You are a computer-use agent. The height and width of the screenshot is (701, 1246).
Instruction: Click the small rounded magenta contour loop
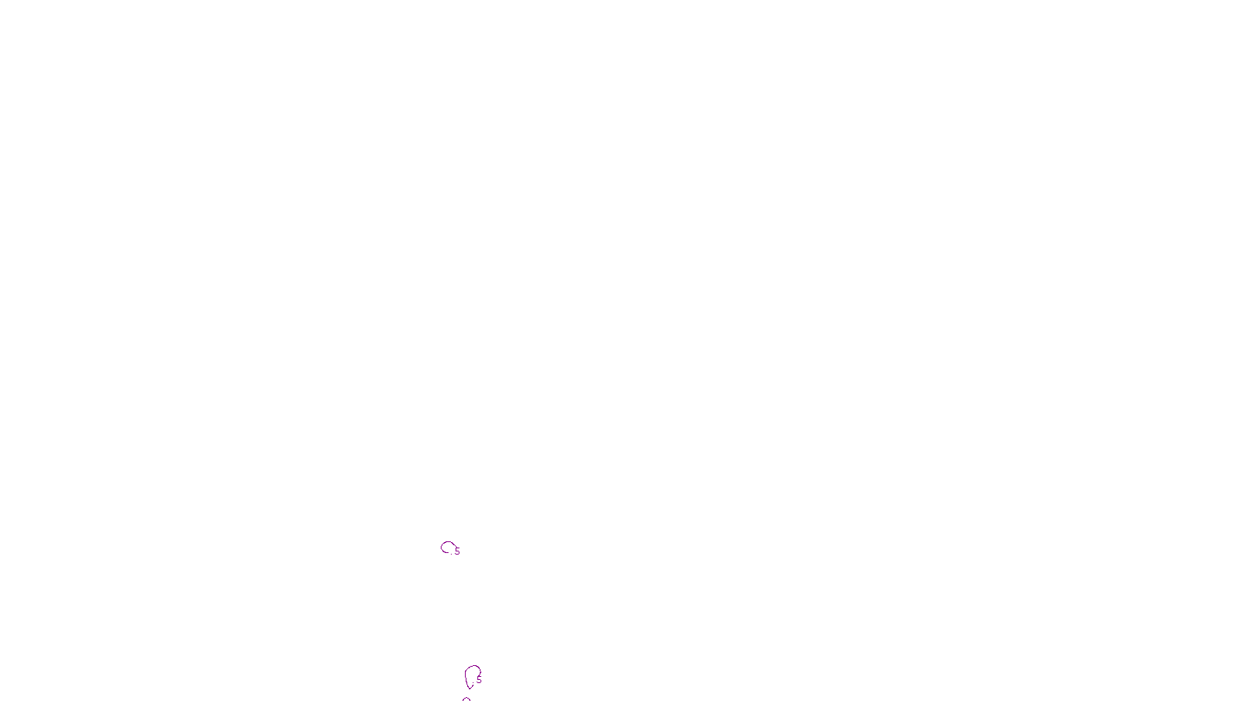point(447,547)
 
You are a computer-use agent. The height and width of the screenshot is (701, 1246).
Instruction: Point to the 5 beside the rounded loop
point(457,551)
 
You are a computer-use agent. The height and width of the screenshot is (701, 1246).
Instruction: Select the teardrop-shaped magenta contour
point(471,675)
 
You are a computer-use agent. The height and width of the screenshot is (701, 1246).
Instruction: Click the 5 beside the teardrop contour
point(479,680)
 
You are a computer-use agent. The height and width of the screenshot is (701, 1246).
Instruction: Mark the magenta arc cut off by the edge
point(466,699)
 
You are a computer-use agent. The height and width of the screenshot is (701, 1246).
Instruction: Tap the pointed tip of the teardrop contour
point(470,689)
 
